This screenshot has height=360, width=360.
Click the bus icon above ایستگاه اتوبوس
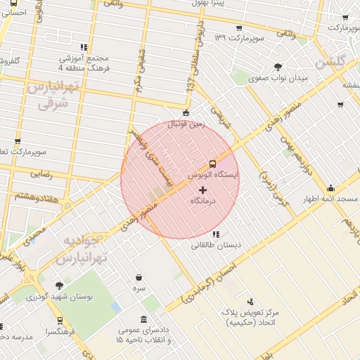[x=213, y=162]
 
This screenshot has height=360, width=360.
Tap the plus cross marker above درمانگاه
[x=203, y=190]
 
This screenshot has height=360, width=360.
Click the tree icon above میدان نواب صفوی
[x=278, y=67]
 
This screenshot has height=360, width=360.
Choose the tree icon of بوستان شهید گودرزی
[x=58, y=286]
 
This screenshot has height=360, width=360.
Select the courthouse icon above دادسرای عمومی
[x=144, y=319]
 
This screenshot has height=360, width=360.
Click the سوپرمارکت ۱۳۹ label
[x=239, y=36]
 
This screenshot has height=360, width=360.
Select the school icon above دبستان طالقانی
[x=215, y=234]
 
